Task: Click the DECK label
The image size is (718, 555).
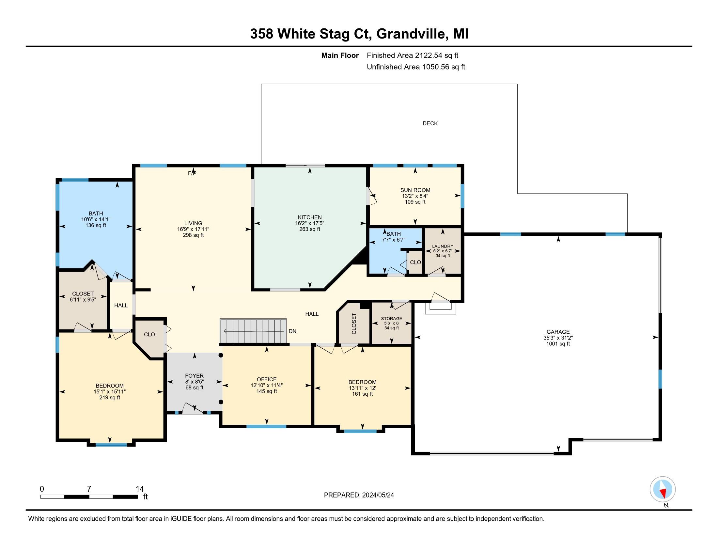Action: pyautogui.click(x=430, y=123)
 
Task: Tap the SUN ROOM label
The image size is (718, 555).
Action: pyautogui.click(x=415, y=190)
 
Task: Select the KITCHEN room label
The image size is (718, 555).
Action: pyautogui.click(x=309, y=217)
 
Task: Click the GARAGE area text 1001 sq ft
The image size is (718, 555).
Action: pyautogui.click(x=558, y=344)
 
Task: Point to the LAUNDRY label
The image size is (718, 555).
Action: pyautogui.click(x=443, y=246)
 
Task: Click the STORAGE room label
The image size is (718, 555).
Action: pyautogui.click(x=391, y=318)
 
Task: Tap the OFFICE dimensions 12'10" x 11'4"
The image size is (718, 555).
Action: pyautogui.click(x=266, y=385)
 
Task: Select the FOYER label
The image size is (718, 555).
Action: pyautogui.click(x=194, y=375)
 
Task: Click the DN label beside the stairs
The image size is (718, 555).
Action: pyautogui.click(x=292, y=331)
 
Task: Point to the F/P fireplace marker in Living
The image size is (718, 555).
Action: pyautogui.click(x=192, y=173)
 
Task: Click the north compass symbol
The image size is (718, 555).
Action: pyautogui.click(x=663, y=489)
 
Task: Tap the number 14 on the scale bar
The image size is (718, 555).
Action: pyautogui.click(x=140, y=489)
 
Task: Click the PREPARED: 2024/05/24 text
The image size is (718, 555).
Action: pyautogui.click(x=359, y=495)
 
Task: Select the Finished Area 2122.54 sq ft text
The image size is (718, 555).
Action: pyautogui.click(x=412, y=55)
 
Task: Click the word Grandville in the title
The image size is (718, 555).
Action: pyautogui.click(x=411, y=34)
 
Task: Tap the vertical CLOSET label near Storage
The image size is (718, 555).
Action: pyautogui.click(x=354, y=324)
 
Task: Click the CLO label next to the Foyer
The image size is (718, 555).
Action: pyautogui.click(x=149, y=334)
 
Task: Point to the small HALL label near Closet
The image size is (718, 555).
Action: pyautogui.click(x=121, y=306)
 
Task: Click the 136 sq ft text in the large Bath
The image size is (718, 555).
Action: pyautogui.click(x=96, y=225)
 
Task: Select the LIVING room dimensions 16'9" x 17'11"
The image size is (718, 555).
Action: pyautogui.click(x=193, y=229)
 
